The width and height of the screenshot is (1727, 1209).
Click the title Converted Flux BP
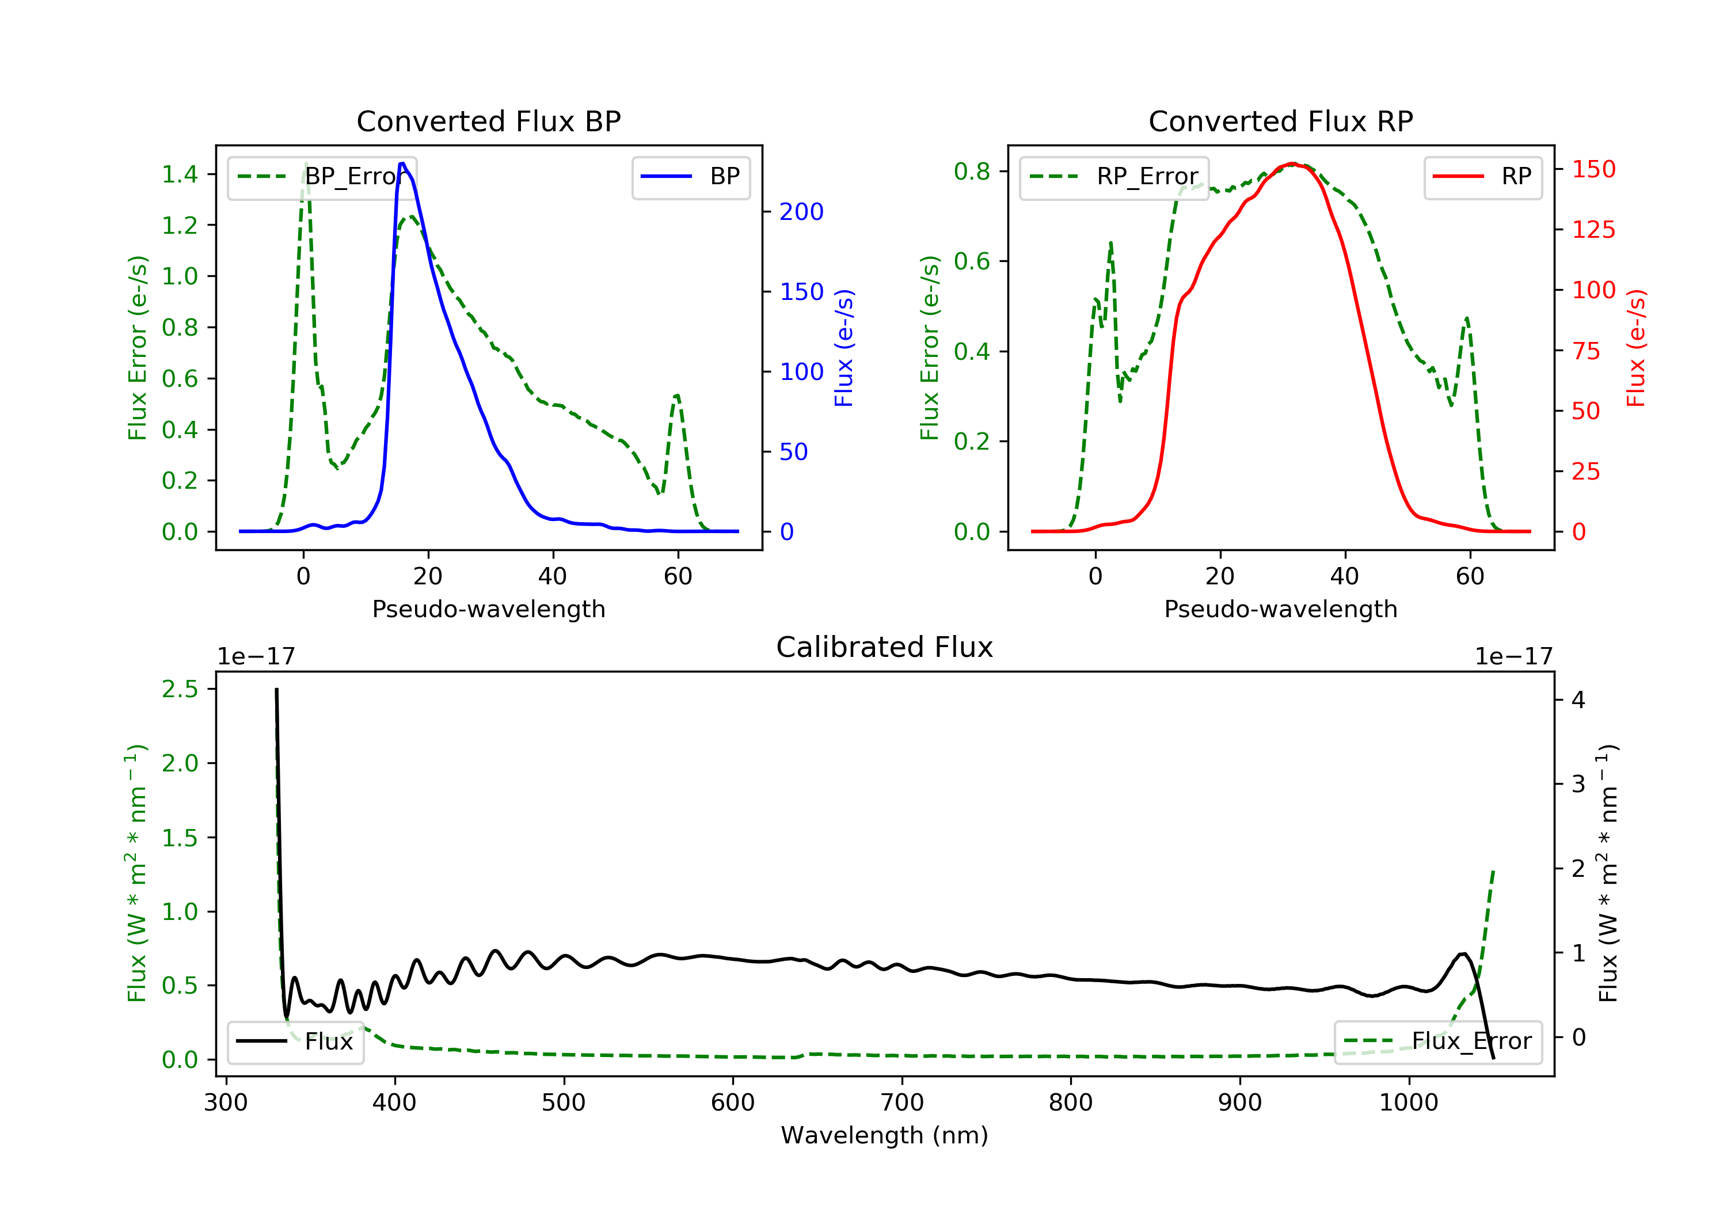(x=488, y=121)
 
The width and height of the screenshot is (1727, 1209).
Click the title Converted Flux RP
(x=1280, y=121)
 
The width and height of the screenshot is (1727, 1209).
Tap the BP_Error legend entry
(x=322, y=177)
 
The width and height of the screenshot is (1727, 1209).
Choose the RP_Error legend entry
(x=1114, y=177)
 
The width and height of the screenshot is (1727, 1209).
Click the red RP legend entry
(x=1482, y=177)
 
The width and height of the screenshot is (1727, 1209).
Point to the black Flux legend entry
(x=296, y=1041)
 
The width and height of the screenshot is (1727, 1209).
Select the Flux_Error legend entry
(x=1437, y=1041)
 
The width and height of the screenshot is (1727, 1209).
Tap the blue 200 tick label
(x=801, y=212)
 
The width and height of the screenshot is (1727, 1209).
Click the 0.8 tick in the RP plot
(x=972, y=172)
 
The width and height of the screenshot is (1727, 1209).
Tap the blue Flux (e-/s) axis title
(x=844, y=348)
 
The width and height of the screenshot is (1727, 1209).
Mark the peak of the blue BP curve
(x=402, y=164)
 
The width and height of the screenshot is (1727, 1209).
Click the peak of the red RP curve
(x=1291, y=164)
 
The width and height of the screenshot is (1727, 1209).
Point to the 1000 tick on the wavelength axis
(x=1408, y=1103)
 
